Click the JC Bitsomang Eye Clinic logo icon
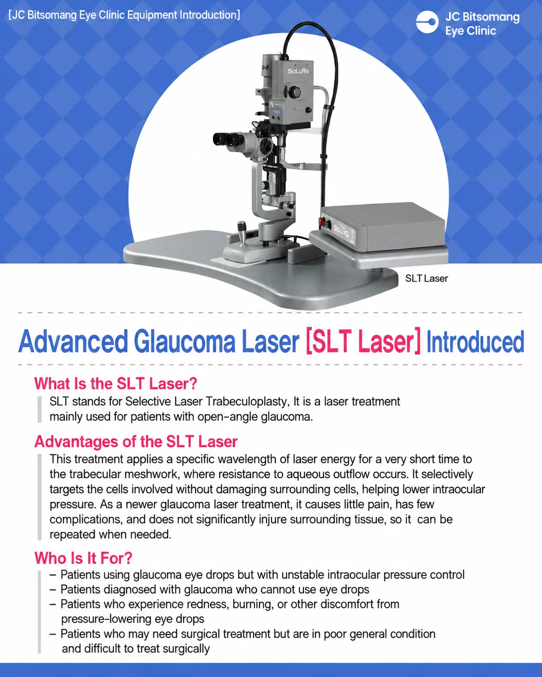coord(427,22)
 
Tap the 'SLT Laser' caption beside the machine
coord(427,279)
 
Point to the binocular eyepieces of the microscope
coord(227,139)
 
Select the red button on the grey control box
coord(322,222)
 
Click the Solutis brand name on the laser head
coord(298,71)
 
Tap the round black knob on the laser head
coord(294,92)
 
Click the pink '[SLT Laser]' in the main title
coord(363,341)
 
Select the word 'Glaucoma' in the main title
coord(185,341)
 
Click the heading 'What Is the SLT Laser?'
coord(116,383)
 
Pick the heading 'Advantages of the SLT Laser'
coord(136,441)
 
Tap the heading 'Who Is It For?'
coord(84,558)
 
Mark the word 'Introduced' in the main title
coord(475,342)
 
